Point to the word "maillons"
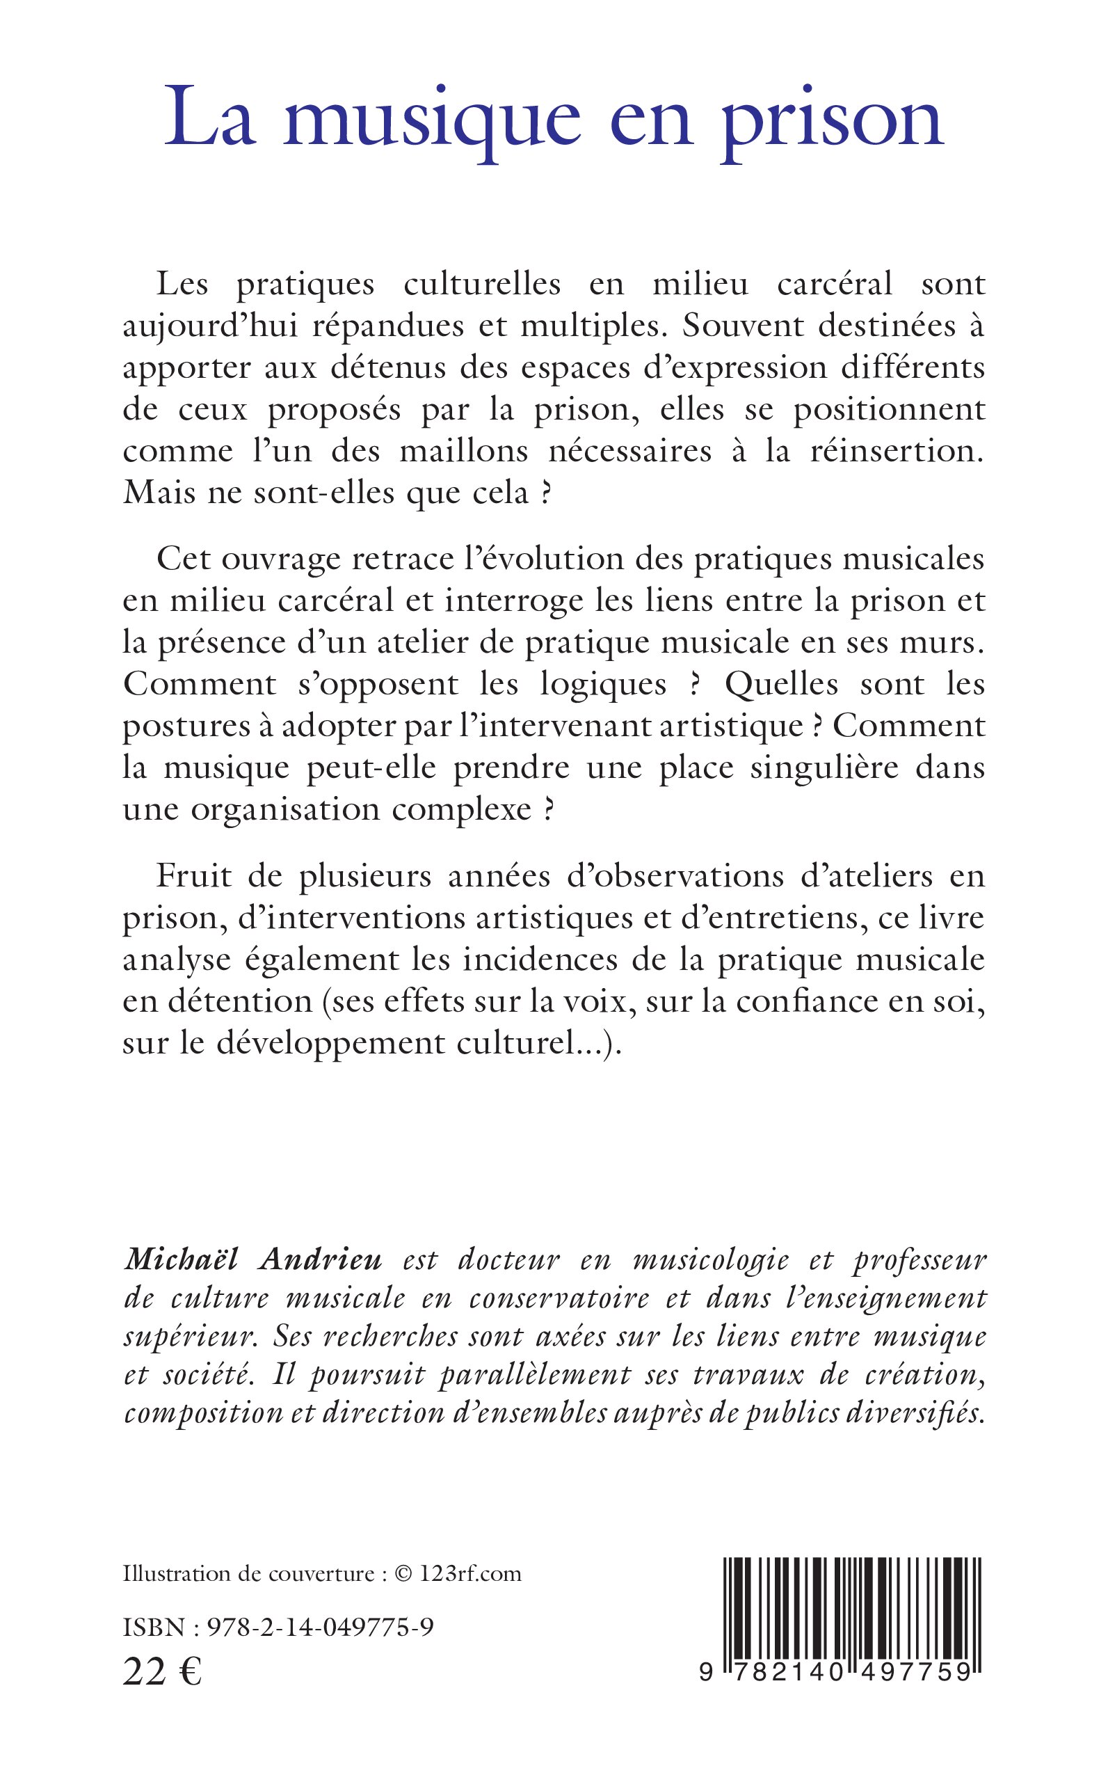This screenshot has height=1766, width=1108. point(463,451)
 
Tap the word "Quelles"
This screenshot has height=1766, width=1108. point(781,685)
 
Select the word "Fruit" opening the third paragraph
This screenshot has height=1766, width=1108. point(193,877)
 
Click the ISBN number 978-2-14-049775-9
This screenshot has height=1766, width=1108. point(320,1628)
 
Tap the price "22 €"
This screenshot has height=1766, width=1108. point(162,1672)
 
